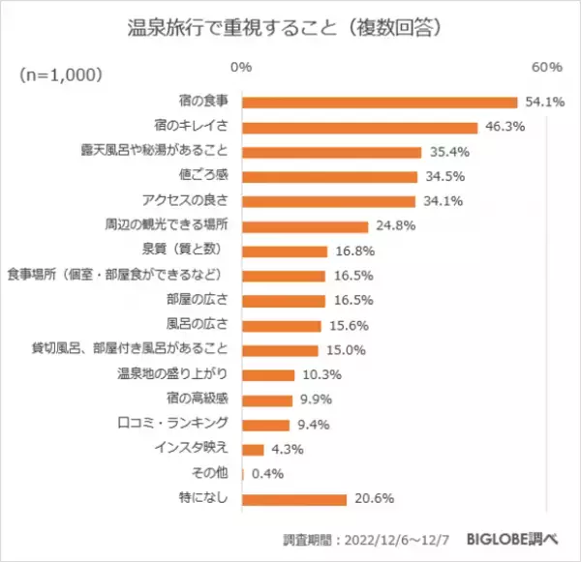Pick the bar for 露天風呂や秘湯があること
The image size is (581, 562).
[331, 152]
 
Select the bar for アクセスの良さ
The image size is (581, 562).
[328, 201]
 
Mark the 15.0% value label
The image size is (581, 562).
[341, 350]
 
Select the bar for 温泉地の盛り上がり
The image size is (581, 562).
[268, 374]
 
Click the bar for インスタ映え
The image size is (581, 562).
[253, 449]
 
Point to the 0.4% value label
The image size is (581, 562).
[267, 474]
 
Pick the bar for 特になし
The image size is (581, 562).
[294, 499]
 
